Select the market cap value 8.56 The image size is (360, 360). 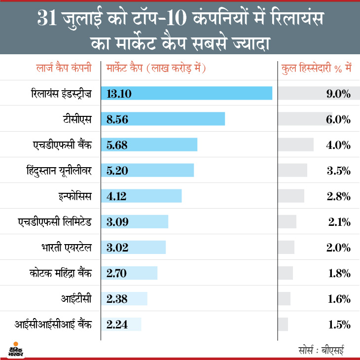click(x=117, y=119)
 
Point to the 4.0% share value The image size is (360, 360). click(x=338, y=144)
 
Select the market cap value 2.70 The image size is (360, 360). click(x=117, y=273)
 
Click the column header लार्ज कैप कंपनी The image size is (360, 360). click(x=64, y=69)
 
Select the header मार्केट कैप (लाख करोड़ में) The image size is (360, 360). click(x=156, y=69)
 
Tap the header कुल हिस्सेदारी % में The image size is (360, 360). click(x=316, y=69)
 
